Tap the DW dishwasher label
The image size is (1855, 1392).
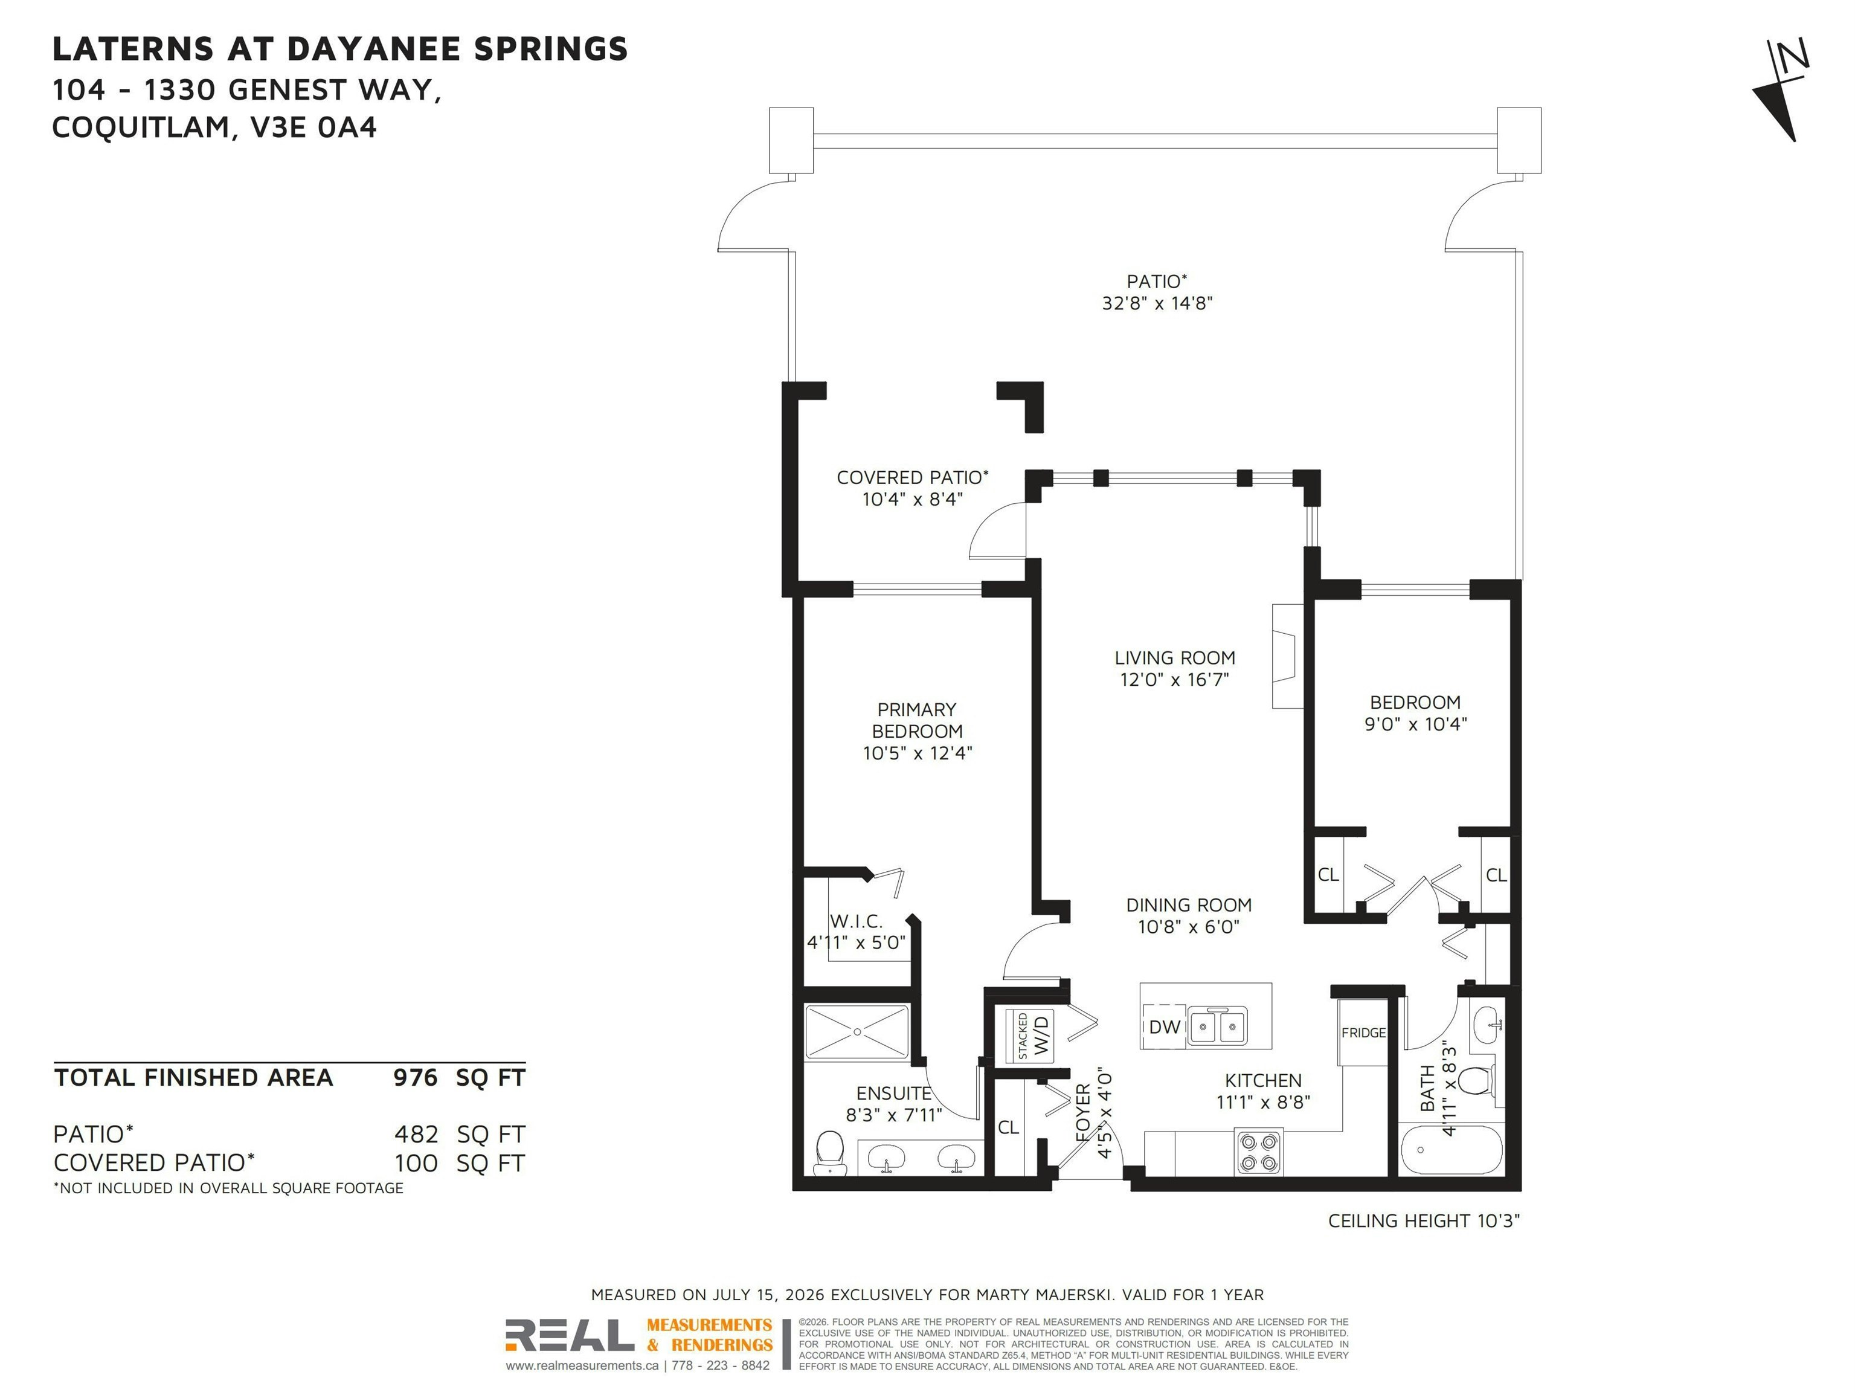[x=1164, y=1026]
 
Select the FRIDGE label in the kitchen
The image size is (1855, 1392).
[x=1363, y=1033]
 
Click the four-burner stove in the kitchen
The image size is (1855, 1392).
[x=1258, y=1153]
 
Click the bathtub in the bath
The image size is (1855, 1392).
[x=1451, y=1150]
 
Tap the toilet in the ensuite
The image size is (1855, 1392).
[x=829, y=1152]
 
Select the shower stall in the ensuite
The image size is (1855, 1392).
[x=857, y=1031]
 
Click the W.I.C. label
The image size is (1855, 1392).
[x=856, y=921]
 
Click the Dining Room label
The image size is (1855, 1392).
[x=1188, y=905]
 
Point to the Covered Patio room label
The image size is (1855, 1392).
[x=913, y=477]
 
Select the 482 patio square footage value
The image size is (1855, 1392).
[x=416, y=1135]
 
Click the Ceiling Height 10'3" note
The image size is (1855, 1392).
[x=1424, y=1221]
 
